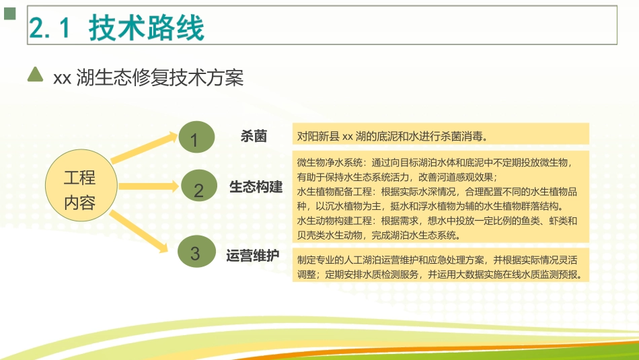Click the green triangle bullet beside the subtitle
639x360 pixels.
[34, 75]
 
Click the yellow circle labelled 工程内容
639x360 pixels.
[79, 190]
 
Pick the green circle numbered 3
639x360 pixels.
[194, 253]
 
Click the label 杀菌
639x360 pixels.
[254, 136]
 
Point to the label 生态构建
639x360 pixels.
[256, 186]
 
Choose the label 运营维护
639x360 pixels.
[253, 256]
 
